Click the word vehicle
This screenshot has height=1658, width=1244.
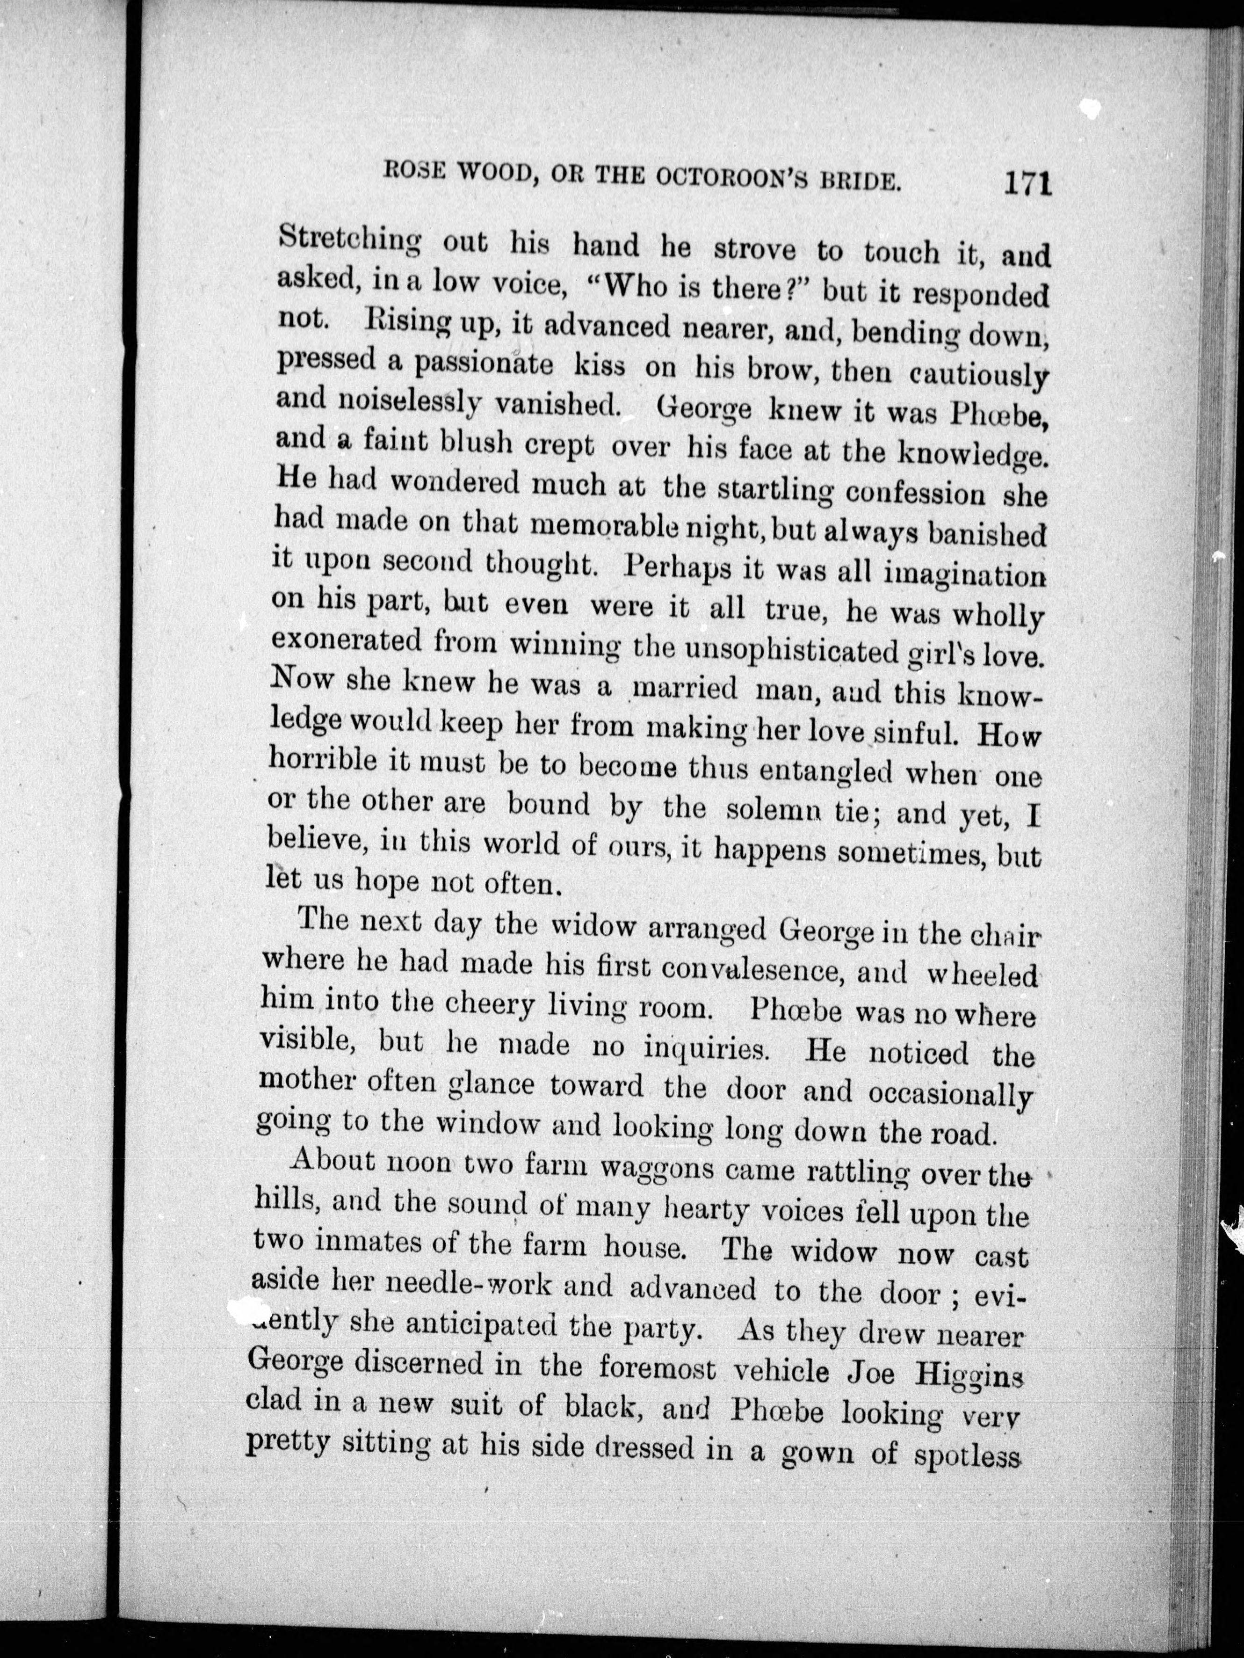tap(781, 1371)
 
